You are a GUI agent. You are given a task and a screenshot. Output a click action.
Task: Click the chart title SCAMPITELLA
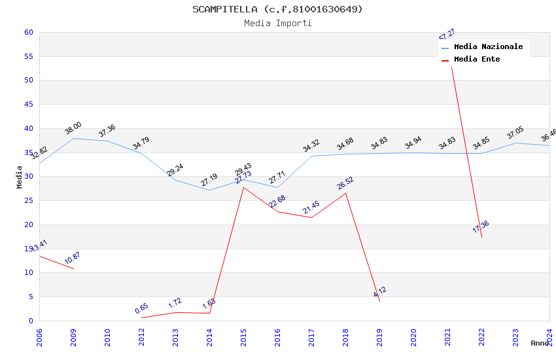coord(277,9)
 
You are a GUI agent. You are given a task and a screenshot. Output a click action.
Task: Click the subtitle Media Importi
coord(277,24)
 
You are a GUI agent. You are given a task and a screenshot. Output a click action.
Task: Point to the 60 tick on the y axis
coord(28,32)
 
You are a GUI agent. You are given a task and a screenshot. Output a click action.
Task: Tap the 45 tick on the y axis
coord(28,105)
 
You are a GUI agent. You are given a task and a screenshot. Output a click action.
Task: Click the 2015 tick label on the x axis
coord(243,337)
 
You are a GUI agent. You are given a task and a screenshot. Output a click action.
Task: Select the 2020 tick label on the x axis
coord(413,337)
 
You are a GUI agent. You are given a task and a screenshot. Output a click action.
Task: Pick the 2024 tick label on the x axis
coord(549,337)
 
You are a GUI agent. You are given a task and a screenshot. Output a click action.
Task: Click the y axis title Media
coord(20,177)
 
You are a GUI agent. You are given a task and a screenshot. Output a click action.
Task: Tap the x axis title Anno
coord(540,343)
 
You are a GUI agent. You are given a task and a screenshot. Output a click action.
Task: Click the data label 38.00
coord(73,128)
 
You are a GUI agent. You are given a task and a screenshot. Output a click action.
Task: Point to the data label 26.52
coord(345,183)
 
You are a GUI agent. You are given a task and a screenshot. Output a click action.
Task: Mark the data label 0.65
coord(141,308)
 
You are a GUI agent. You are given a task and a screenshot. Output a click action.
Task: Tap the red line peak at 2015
coord(243,187)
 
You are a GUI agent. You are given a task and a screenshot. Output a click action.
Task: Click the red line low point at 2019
coord(379,301)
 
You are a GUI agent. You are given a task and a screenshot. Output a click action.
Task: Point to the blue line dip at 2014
coord(209,190)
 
